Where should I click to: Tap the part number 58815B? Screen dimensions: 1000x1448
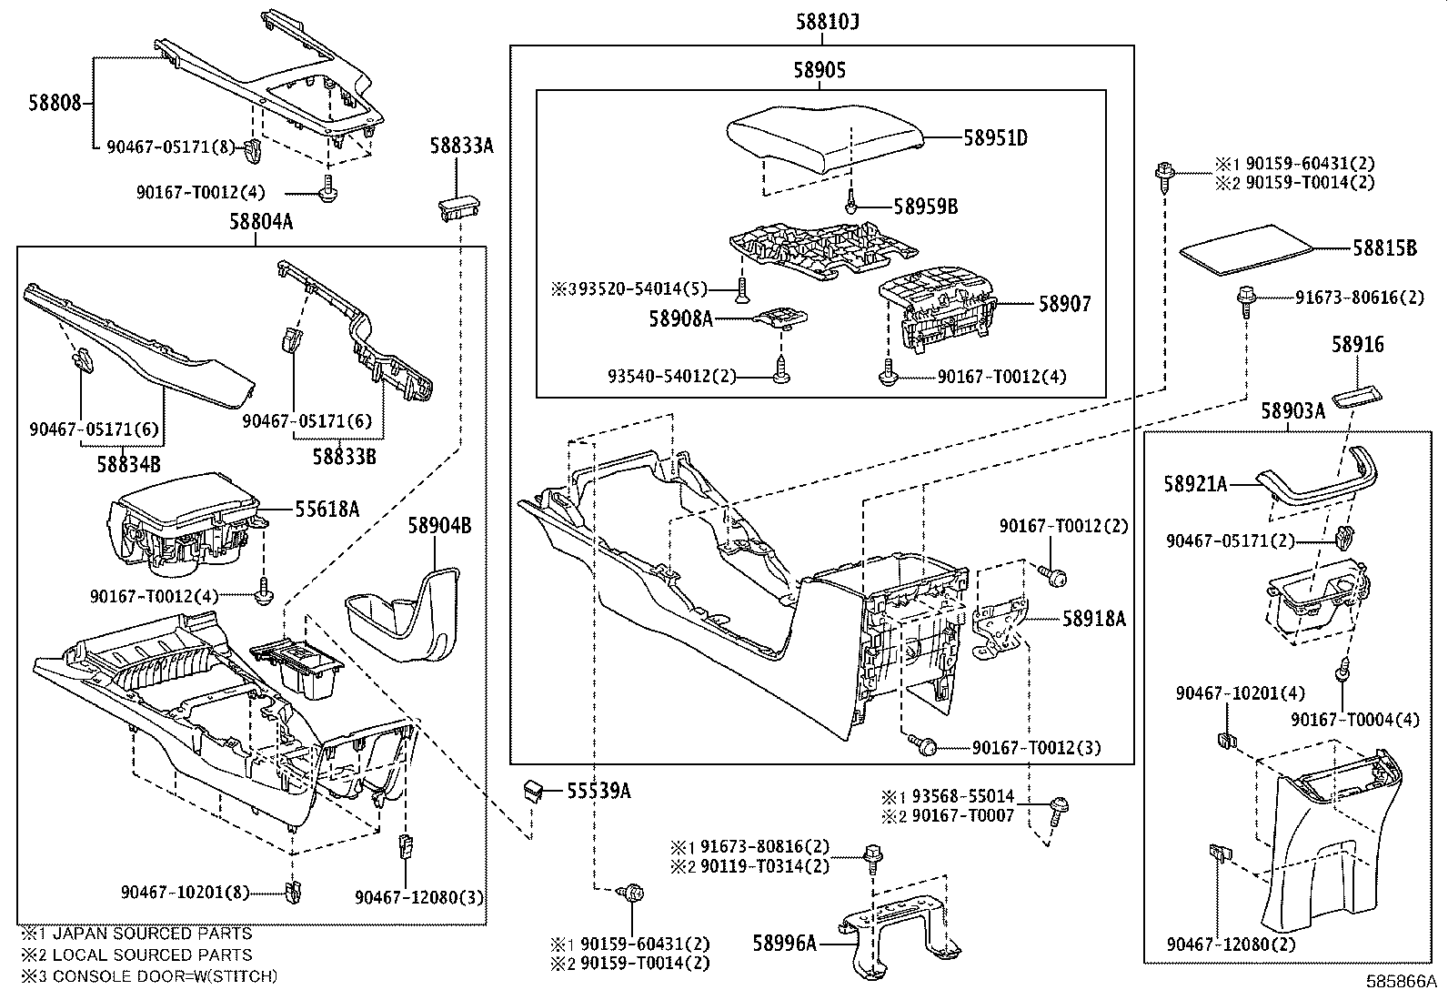click(1383, 247)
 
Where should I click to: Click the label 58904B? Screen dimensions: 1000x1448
click(439, 525)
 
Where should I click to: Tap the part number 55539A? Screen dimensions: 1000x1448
click(598, 791)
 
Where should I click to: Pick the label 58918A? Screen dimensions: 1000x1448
click(1094, 619)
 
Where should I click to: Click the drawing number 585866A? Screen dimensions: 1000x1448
click(1401, 982)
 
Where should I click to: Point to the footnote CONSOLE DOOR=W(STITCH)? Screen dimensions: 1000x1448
click(165, 976)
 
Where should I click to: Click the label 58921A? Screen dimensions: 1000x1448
click(1195, 485)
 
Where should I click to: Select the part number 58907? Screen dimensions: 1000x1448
click(1064, 304)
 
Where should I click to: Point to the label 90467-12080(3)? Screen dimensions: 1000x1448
click(419, 897)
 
